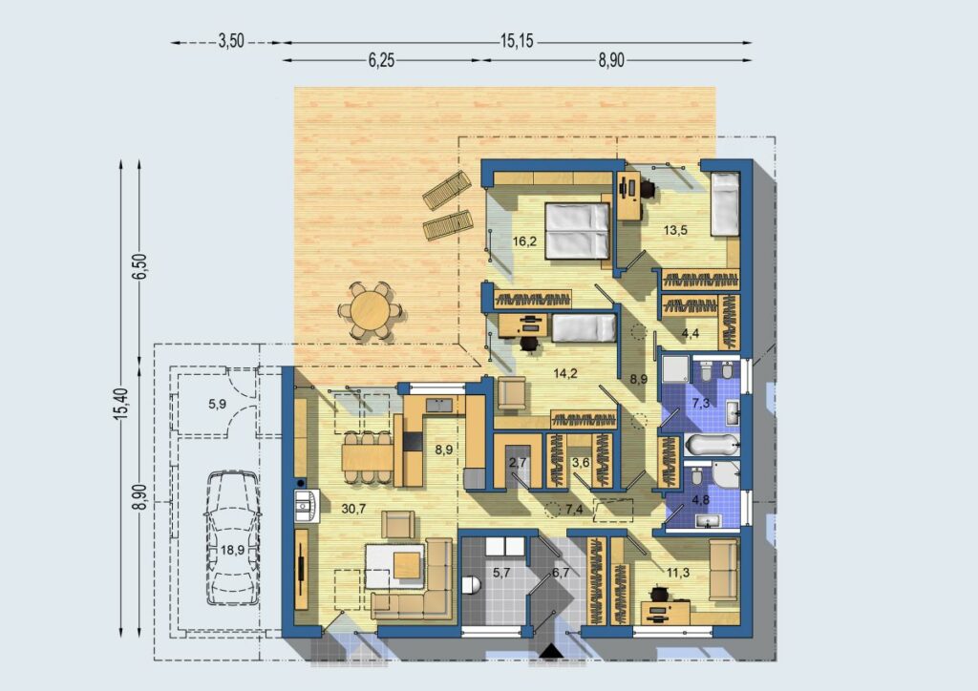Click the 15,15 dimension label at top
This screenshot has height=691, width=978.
point(517,41)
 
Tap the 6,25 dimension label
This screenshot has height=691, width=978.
point(381,60)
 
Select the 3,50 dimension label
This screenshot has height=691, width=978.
point(231,41)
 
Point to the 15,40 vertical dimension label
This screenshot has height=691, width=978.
point(121,403)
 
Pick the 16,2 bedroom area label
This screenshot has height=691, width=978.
point(524,241)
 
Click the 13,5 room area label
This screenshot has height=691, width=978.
point(675,230)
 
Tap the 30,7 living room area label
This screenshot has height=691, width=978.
point(353,509)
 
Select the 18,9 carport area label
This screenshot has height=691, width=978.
point(232,550)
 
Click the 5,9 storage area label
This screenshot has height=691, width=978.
point(217,404)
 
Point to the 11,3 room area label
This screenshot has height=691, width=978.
point(678,572)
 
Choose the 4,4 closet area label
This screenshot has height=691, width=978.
point(690,333)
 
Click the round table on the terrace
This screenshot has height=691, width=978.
point(370,310)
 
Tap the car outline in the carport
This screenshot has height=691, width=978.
point(232,537)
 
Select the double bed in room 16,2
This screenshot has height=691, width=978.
point(577,231)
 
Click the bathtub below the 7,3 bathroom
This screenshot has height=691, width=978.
point(712,445)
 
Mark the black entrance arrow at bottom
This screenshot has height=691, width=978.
point(551,651)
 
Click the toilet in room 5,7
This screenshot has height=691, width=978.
point(472,585)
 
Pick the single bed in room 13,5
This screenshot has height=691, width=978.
point(725,204)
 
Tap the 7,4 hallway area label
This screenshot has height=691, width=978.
point(574,509)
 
